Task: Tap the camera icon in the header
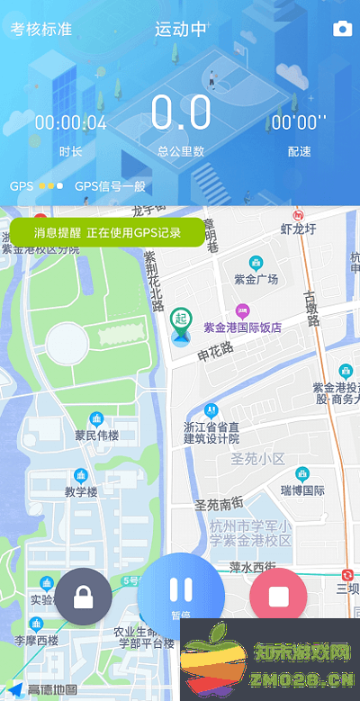pos(342,30)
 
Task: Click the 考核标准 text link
pos(40,30)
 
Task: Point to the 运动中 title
pos(180,30)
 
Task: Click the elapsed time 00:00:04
pos(71,123)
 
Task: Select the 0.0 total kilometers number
pos(181,113)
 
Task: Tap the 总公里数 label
pos(181,151)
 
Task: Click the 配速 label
pos(299,151)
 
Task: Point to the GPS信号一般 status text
pos(110,187)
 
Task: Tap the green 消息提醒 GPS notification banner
pos(107,232)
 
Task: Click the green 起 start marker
pos(181,319)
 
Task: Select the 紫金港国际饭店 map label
pos(242,328)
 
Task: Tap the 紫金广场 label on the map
pos(256,279)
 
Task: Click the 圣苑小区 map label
pos(257,459)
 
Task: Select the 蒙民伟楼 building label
pos(96,436)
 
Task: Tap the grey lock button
pos(84,597)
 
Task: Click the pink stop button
pos(278,597)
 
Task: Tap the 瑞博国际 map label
pos(302,490)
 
